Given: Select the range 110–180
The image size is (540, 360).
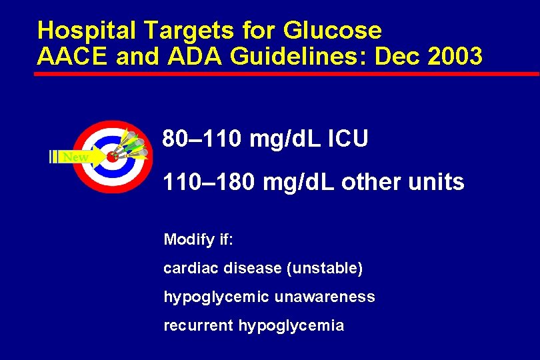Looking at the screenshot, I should point(207,181).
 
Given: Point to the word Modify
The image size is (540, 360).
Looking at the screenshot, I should point(184,239).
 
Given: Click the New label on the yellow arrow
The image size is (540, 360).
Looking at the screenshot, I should point(75,157).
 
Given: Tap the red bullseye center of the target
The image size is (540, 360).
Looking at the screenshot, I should point(112,157).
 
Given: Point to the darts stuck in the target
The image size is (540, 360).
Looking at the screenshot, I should point(134,147).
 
